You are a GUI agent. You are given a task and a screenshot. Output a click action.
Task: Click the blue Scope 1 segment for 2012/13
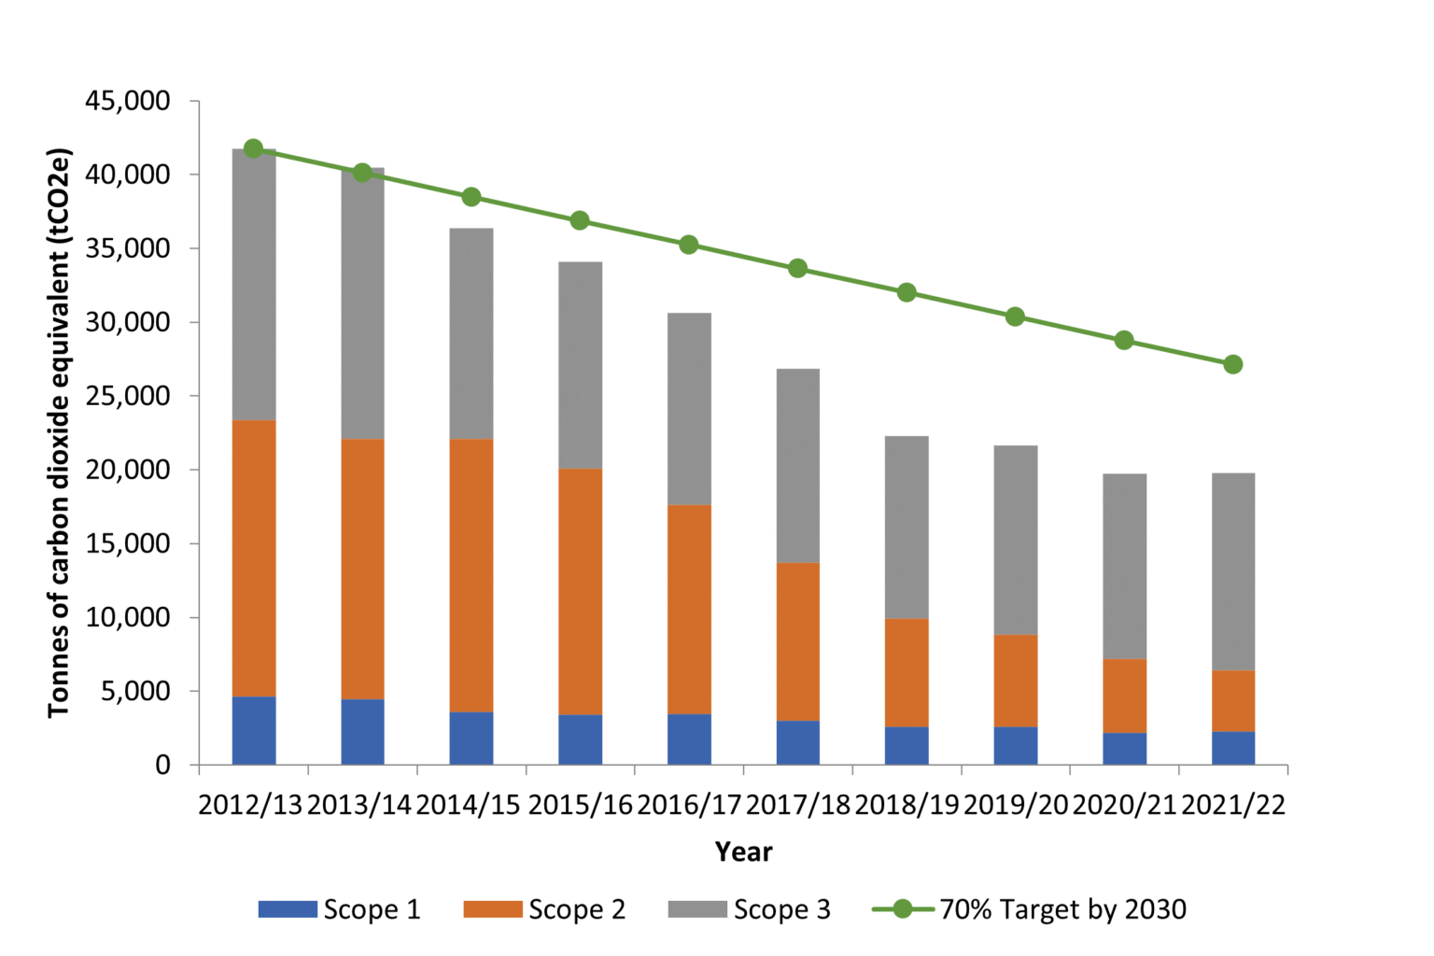pyautogui.click(x=254, y=730)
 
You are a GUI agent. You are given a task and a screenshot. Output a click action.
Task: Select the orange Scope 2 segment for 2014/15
pyautogui.click(x=471, y=575)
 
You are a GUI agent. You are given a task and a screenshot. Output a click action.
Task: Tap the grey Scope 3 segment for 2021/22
pyautogui.click(x=1232, y=571)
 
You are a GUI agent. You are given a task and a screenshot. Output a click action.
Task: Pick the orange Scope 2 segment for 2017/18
pyautogui.click(x=797, y=641)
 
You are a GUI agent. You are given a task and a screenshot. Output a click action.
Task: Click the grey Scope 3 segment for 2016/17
pyautogui.click(x=689, y=409)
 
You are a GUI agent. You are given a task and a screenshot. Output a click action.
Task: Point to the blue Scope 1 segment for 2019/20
pyautogui.click(x=1015, y=745)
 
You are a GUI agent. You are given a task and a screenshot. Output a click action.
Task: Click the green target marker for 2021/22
pyautogui.click(x=1232, y=364)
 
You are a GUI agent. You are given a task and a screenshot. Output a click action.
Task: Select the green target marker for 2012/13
pyautogui.click(x=253, y=148)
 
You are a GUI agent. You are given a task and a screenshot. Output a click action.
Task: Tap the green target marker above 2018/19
pyautogui.click(x=907, y=292)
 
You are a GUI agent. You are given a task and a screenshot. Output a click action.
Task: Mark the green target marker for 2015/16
pyautogui.click(x=580, y=220)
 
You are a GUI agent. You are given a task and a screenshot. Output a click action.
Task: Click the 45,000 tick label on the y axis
pyautogui.click(x=128, y=101)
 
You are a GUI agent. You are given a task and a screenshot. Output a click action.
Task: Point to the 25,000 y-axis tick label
pyautogui.click(x=128, y=396)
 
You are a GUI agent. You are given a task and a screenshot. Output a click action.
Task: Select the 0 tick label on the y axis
pyautogui.click(x=163, y=765)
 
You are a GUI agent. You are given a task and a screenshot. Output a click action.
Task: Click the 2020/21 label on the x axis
pyautogui.click(x=1124, y=805)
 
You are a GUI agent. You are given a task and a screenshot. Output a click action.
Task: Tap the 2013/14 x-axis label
pyautogui.click(x=359, y=805)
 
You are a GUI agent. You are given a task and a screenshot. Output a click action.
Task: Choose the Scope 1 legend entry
pyautogui.click(x=340, y=909)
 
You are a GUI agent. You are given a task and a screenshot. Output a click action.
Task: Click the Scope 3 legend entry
pyautogui.click(x=750, y=909)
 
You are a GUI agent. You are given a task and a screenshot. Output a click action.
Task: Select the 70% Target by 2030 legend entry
pyautogui.click(x=1030, y=909)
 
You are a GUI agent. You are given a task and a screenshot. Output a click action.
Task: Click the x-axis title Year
pyautogui.click(x=743, y=851)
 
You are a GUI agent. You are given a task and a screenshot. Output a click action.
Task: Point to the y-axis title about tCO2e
pyautogui.click(x=59, y=432)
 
